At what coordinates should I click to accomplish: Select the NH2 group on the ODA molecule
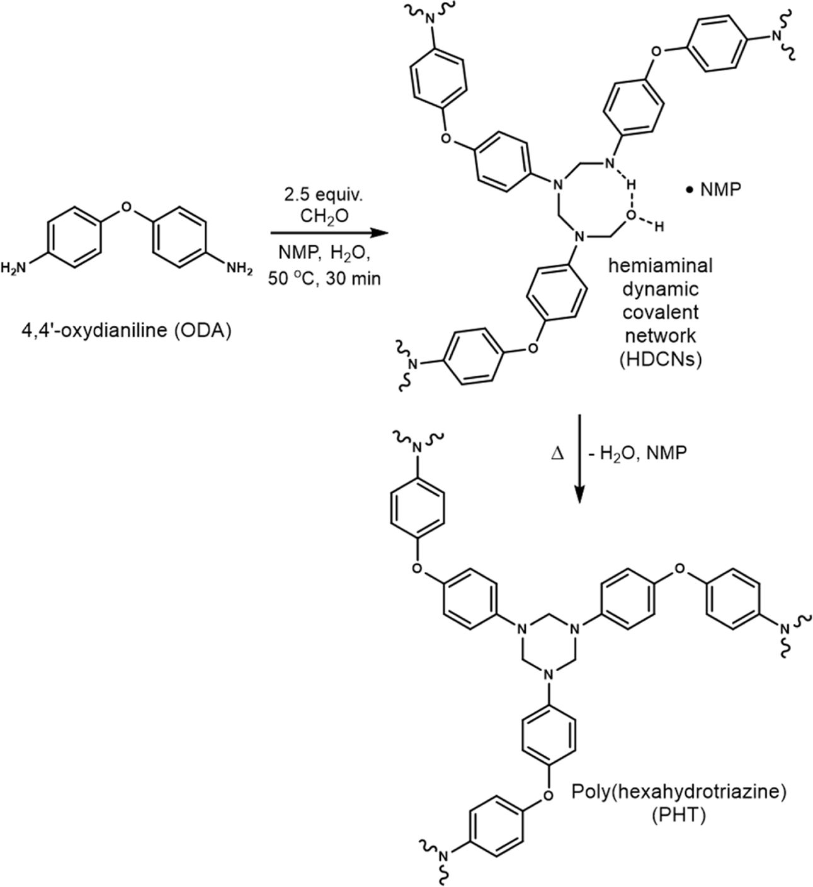click(239, 269)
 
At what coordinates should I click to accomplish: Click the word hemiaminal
click(660, 265)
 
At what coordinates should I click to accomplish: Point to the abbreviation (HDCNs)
click(660, 361)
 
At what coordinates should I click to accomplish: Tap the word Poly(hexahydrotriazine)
click(679, 791)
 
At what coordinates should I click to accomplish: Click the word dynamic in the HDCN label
click(660, 289)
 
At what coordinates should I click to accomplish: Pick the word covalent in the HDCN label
click(660, 313)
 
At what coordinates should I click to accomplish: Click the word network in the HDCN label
click(660, 337)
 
